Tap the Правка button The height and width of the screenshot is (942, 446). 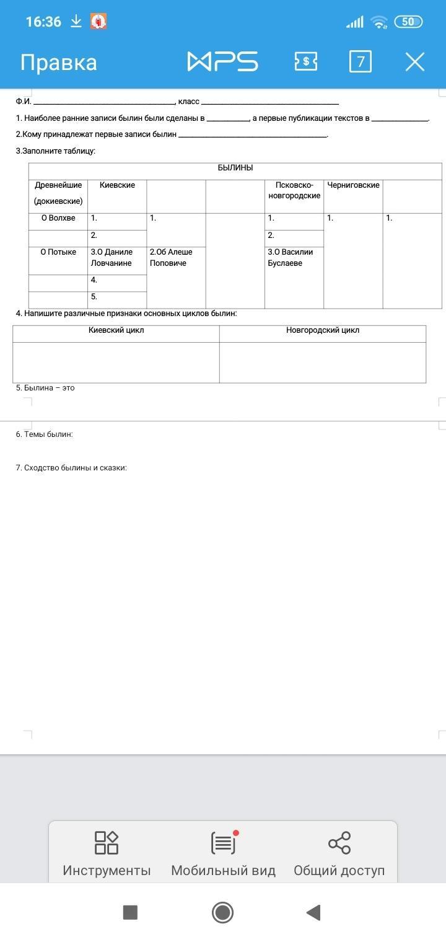point(59,63)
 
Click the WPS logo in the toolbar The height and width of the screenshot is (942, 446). point(222,62)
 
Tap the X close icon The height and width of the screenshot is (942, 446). point(414,62)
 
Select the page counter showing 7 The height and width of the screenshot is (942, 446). point(361,62)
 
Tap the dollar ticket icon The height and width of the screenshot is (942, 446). point(305,62)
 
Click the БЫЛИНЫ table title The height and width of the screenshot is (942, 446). point(235,168)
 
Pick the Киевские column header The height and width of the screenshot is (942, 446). point(117,185)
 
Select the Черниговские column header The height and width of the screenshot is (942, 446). point(353,185)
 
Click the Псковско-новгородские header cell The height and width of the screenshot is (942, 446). point(294,190)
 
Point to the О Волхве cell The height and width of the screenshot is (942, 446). point(58,218)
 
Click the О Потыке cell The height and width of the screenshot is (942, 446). point(58,252)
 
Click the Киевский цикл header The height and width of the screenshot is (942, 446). point(116,330)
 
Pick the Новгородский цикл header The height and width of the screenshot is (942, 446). point(322,330)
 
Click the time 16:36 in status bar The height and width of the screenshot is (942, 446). point(43,22)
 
